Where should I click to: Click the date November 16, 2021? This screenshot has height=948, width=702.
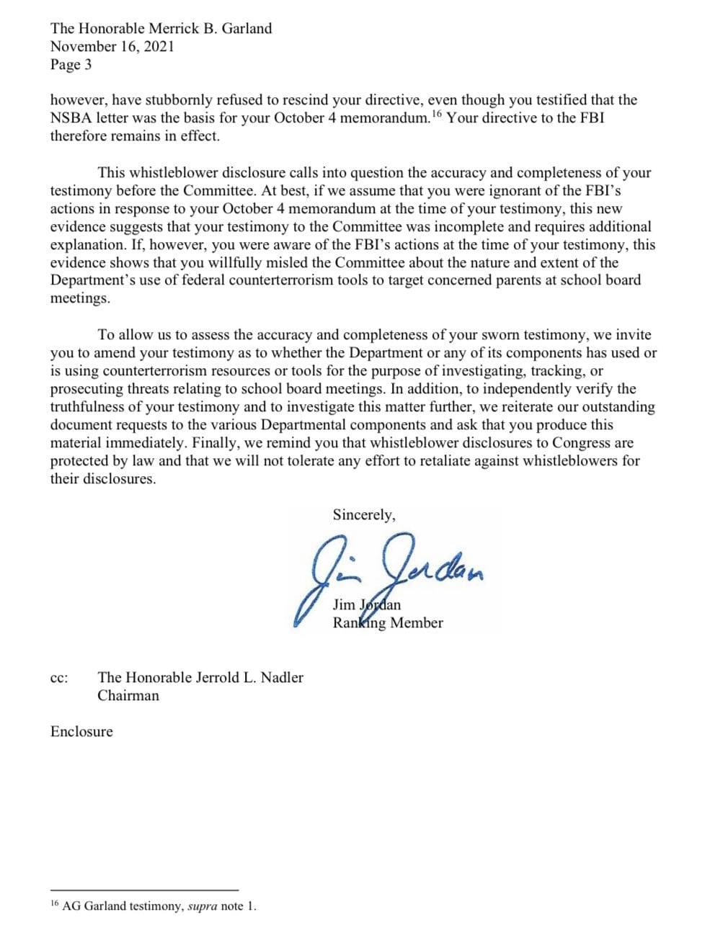point(112,47)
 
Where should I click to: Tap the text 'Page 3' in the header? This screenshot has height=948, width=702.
point(71,65)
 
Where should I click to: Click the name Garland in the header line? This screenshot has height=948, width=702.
point(246,29)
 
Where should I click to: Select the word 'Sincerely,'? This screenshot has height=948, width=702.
point(363,514)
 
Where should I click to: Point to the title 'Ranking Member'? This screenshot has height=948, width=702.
point(387,623)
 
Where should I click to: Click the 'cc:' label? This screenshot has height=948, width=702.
point(59,678)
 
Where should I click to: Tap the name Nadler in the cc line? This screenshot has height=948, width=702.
point(280,677)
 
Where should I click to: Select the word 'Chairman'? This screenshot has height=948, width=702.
point(128,696)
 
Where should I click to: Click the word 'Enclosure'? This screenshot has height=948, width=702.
point(81,732)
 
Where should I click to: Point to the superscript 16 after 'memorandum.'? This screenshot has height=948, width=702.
point(437,114)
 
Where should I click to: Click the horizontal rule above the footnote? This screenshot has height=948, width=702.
point(144,890)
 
